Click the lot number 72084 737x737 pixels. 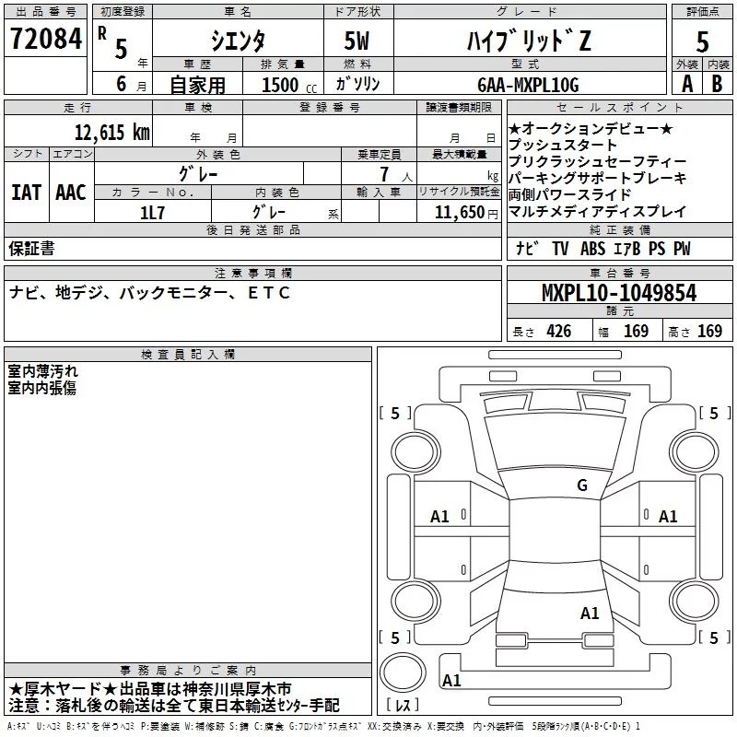point(45,40)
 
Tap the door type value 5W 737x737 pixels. point(358,42)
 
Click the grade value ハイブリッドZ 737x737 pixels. point(526,41)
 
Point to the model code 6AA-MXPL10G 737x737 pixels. point(528,85)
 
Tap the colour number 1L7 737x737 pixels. point(152,212)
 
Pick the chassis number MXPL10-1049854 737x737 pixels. point(618,294)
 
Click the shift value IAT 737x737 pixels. point(26,193)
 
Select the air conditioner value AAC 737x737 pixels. point(71,193)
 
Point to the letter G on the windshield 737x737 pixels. point(581,485)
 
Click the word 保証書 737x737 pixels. point(31,248)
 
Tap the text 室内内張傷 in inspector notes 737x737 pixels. point(42,388)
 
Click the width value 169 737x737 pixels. point(636,332)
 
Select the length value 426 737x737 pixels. point(558,332)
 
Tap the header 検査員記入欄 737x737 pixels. point(188,355)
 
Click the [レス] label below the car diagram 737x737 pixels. point(403,706)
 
